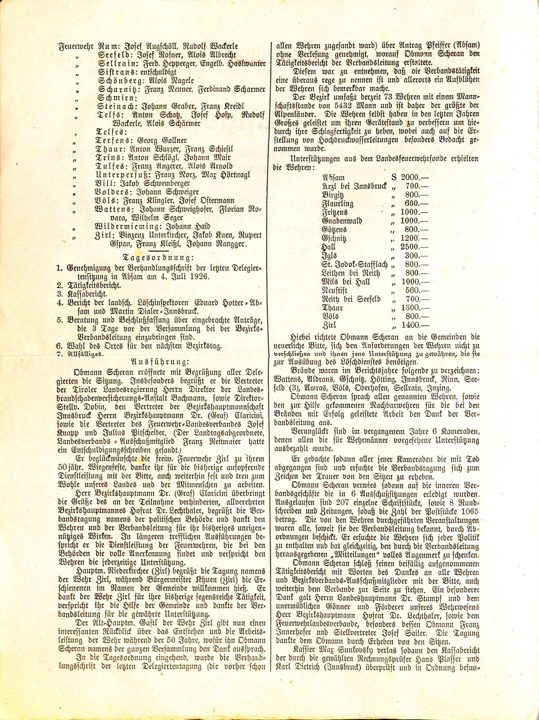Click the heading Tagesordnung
coord(158,258)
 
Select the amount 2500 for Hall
coord(410,247)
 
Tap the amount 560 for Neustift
coord(412,291)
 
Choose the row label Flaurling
coord(338,204)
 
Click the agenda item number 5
coord(59,320)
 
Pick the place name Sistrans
coord(117,73)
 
